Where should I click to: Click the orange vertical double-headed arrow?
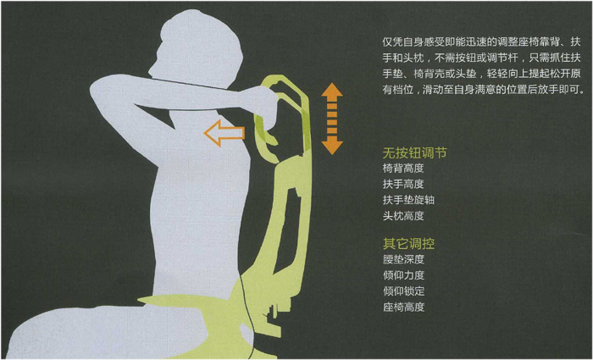tap(332, 119)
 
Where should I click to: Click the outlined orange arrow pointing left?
tap(224, 132)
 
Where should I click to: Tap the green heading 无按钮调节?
tap(414, 153)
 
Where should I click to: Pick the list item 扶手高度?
tap(403, 185)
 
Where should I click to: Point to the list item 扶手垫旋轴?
tap(408, 200)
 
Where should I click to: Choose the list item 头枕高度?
tap(403, 216)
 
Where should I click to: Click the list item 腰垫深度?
tap(403, 259)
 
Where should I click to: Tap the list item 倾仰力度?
tap(403, 275)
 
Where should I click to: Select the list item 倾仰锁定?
tap(403, 291)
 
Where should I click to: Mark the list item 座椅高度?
tap(403, 307)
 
